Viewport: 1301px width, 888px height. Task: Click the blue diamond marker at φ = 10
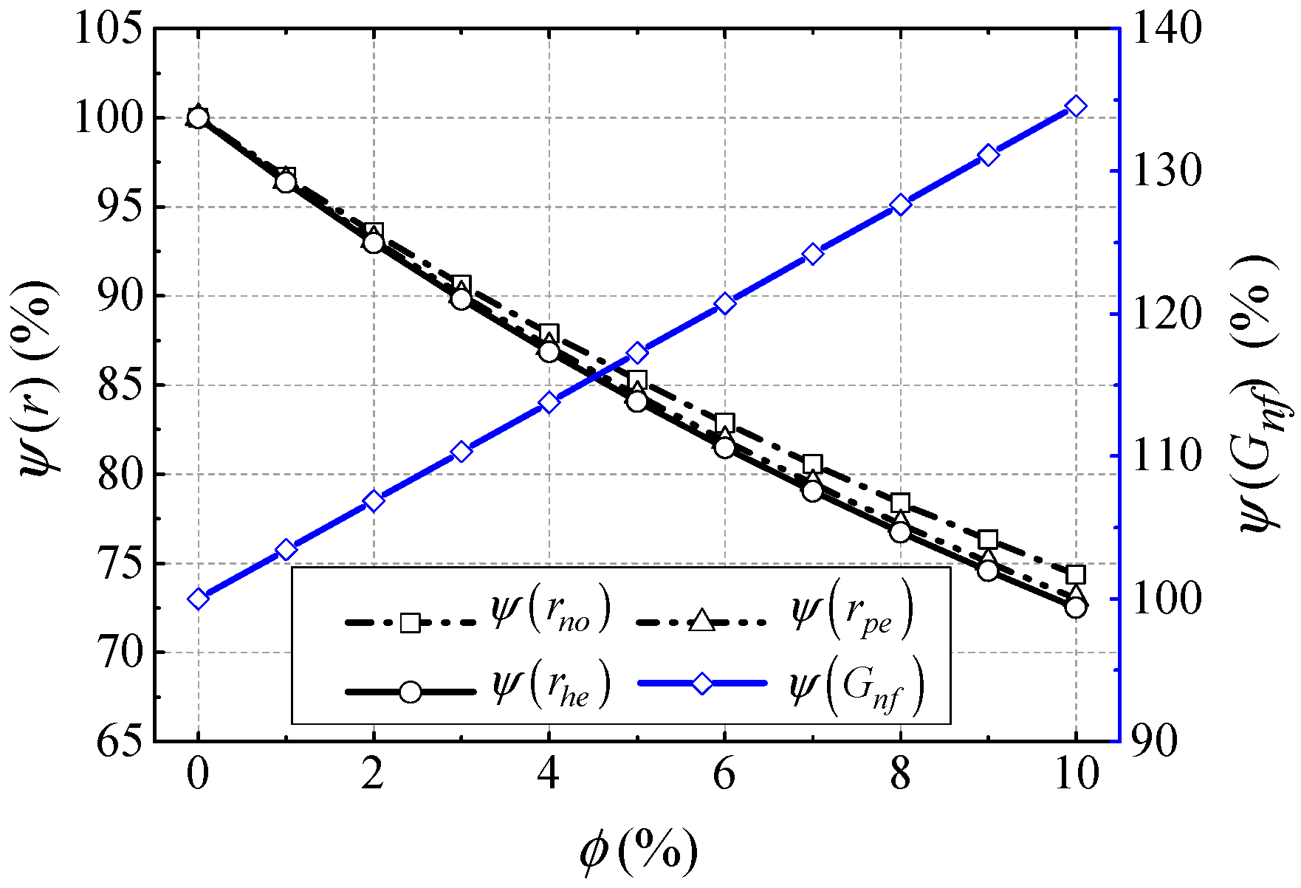click(x=1076, y=107)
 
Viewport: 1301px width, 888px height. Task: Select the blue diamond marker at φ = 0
click(x=197, y=599)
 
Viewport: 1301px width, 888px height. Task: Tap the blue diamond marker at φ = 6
click(x=724, y=303)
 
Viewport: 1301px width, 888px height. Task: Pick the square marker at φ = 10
click(x=1076, y=574)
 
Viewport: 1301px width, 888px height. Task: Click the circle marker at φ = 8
click(x=900, y=531)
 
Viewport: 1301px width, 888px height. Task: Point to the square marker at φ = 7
click(x=812, y=464)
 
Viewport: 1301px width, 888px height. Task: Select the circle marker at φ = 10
click(x=1076, y=608)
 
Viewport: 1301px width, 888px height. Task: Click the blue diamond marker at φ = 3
click(x=461, y=452)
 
